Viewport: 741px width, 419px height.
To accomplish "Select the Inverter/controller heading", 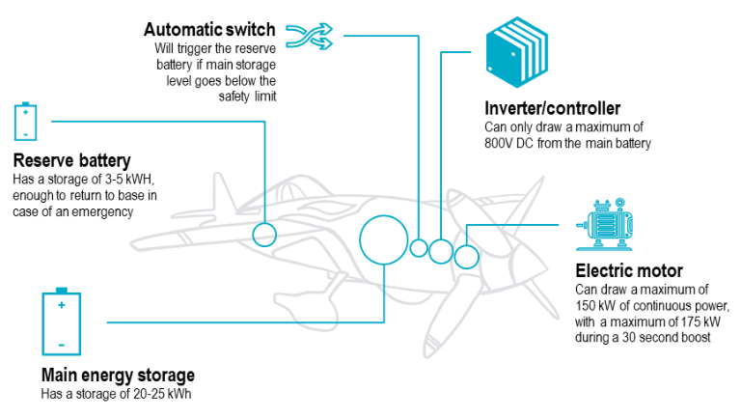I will pos(552,108).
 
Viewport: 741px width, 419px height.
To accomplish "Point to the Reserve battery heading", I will pos(72,159).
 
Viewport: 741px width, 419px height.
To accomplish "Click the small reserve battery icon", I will pos(26,122).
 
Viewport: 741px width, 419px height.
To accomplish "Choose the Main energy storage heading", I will pos(118,375).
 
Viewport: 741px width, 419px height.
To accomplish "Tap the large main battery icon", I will pos(61,321).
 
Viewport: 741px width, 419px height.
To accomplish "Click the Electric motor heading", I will pos(628,270).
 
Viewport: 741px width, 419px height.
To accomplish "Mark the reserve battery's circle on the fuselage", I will pos(264,234).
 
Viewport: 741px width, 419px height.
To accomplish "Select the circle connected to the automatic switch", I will pos(419,248).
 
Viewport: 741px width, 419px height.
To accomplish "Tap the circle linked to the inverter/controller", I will pos(441,252).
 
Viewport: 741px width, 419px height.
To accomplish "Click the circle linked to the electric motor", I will pos(466,257).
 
